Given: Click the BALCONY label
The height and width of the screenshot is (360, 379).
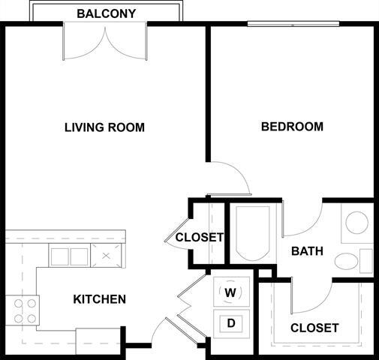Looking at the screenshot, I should pos(105,13).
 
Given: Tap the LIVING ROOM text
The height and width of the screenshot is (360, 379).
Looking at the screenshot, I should pos(104,127).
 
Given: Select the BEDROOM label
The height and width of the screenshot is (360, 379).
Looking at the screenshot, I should pos(292,126).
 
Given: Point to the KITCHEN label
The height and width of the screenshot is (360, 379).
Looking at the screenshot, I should pos(99,299).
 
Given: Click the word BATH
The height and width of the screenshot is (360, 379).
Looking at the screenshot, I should pos(307,251).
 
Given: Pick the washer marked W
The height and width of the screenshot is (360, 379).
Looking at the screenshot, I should pos(230,291).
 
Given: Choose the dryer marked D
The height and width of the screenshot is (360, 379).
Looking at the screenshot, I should pos(231,323).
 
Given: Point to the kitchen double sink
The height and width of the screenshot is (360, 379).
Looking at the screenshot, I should pos(69,256).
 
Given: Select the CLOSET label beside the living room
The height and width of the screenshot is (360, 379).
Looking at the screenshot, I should pos(199,238).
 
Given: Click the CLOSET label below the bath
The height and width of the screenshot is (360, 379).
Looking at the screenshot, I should pos(314,328).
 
